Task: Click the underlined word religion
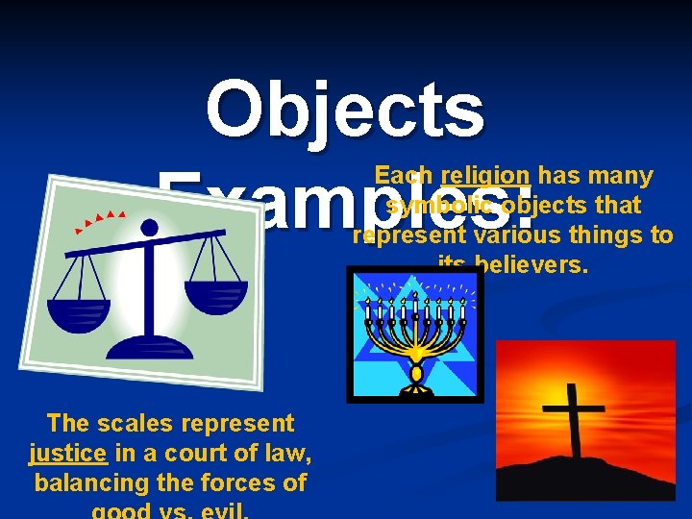pos(486,176)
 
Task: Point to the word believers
pos(531,265)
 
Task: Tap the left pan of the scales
pos(80,312)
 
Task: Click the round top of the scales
pos(149,228)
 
